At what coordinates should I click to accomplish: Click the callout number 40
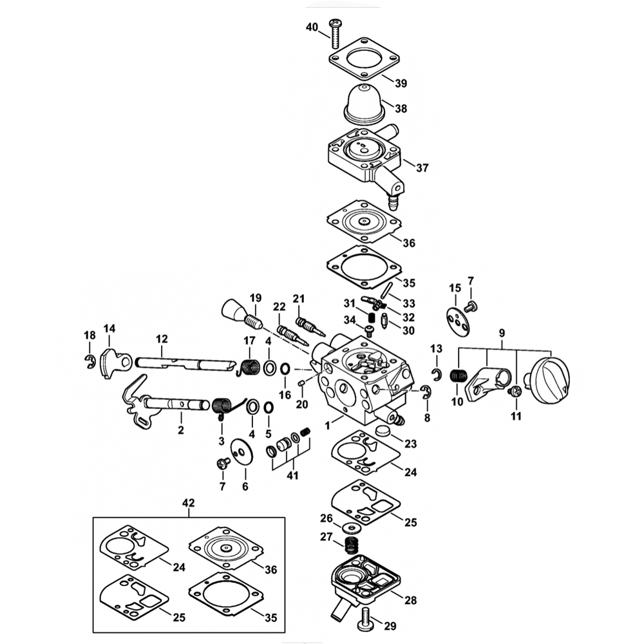click(312, 27)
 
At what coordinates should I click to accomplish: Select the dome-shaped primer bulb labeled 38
click(365, 104)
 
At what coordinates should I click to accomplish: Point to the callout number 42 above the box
click(188, 502)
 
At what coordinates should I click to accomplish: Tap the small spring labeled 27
click(351, 544)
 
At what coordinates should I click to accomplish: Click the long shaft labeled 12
click(180, 364)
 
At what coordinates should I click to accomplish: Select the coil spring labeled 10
click(458, 376)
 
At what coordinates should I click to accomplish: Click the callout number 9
click(502, 333)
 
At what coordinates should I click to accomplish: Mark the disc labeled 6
click(242, 453)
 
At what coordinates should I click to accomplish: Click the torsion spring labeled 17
click(250, 366)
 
